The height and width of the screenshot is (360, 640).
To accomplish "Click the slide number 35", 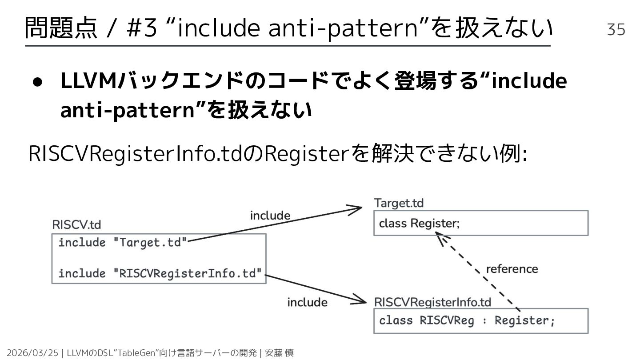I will pos(616,29).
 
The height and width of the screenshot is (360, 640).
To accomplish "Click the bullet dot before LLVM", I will pos(37,83).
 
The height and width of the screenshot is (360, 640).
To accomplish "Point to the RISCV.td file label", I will pos(76,225).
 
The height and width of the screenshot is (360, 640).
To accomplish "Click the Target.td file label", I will pos(399,203).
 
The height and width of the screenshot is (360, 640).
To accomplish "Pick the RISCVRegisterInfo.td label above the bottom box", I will pos(432,302).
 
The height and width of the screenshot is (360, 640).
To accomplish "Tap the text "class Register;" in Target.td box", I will pos(419,223).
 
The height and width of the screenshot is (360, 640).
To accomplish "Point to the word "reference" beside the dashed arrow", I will pos(512,269).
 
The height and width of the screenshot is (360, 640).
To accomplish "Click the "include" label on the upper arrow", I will pos(270,216).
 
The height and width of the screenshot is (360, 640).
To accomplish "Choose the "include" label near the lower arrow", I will pos(307,302).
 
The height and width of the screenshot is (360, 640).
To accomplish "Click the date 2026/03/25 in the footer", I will pos(33,353).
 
